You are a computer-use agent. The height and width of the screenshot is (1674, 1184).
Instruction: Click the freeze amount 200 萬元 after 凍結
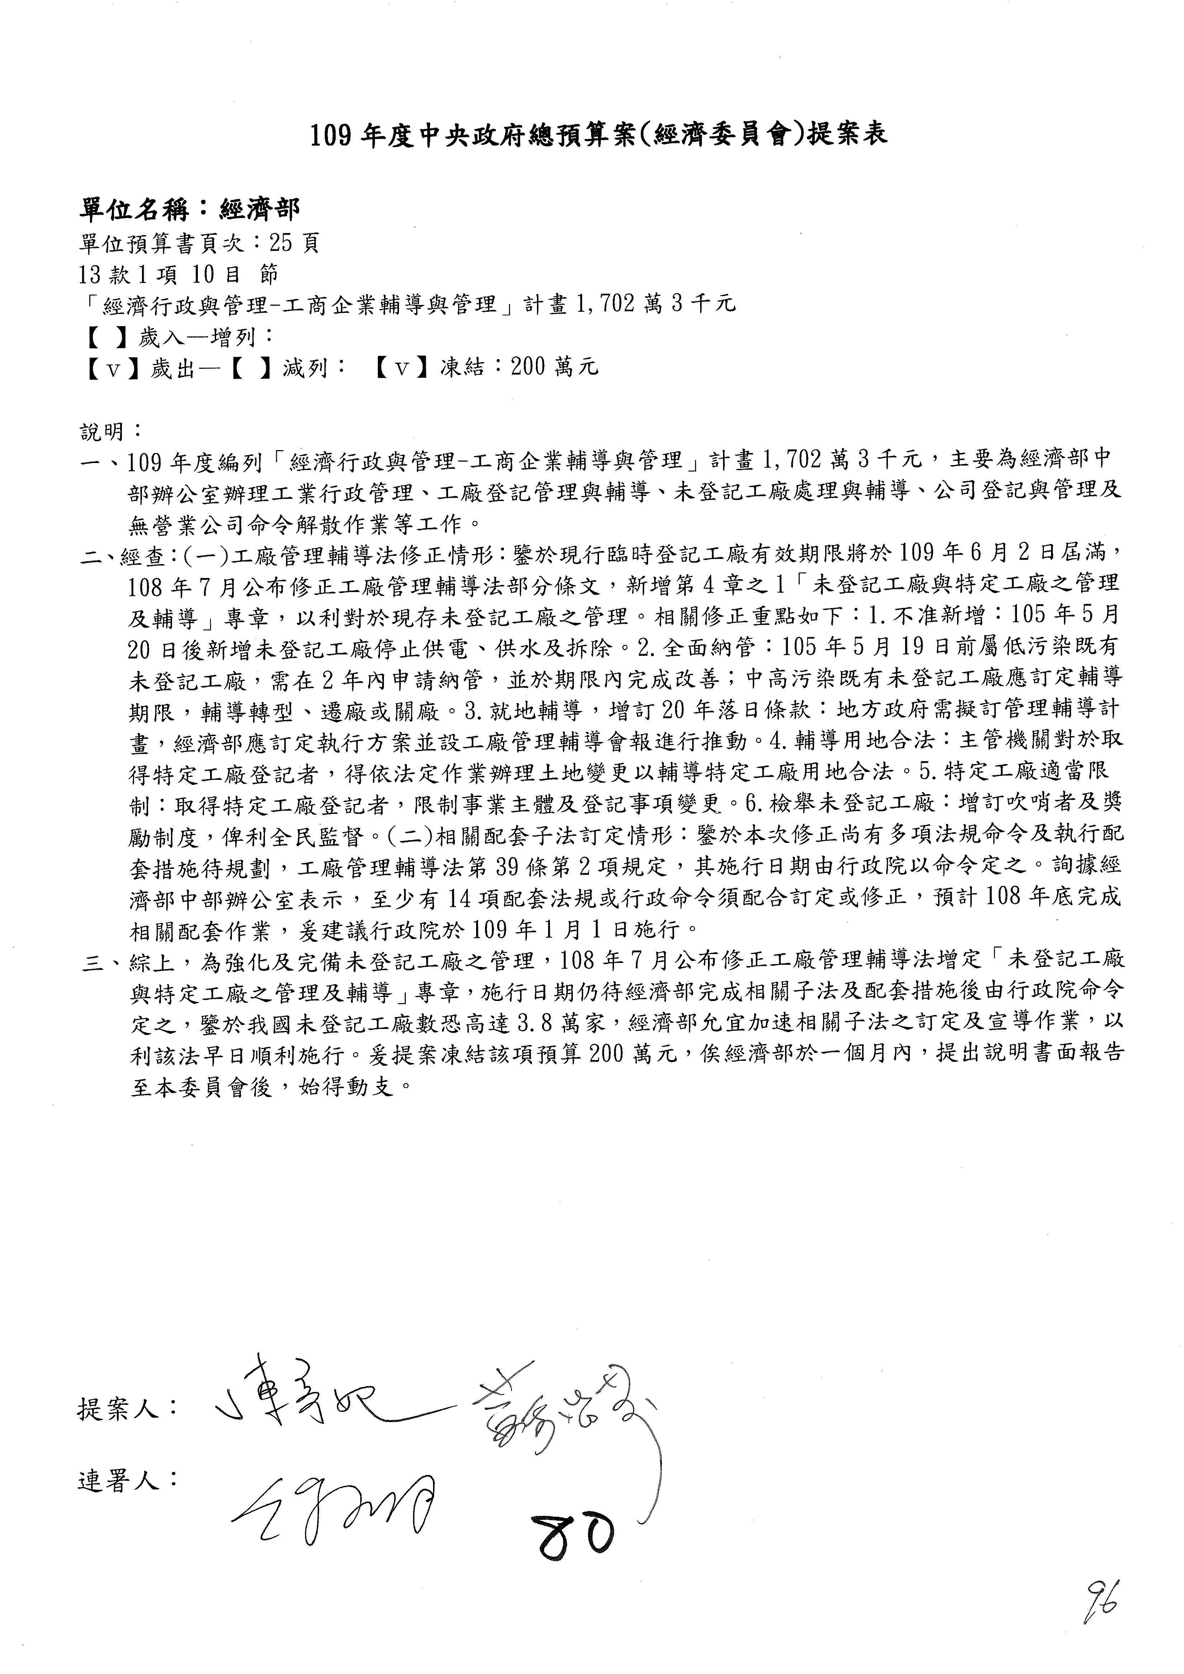(554, 367)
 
